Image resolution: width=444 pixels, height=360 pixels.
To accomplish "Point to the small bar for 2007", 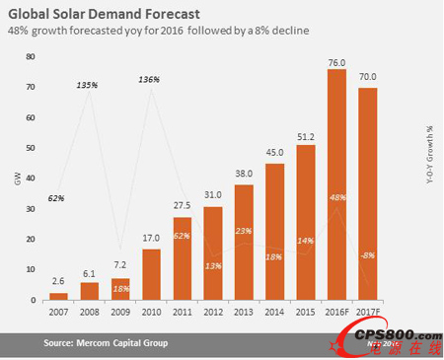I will [x=58, y=296].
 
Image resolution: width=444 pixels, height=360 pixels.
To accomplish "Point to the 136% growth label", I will [x=150, y=78].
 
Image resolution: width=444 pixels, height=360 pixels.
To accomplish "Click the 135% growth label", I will [x=88, y=85].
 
